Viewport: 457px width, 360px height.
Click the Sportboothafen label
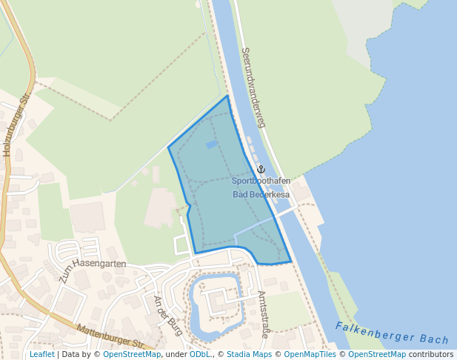click(x=261, y=181)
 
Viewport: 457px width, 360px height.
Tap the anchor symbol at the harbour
click(x=261, y=170)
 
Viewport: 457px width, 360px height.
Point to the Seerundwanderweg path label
click(x=253, y=88)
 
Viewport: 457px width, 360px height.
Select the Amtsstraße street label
click(x=264, y=314)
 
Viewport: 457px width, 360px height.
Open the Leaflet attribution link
click(x=42, y=355)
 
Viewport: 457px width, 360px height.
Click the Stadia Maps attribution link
click(x=249, y=355)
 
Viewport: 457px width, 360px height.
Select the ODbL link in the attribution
click(x=199, y=355)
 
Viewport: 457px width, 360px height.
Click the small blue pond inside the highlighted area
click(x=212, y=144)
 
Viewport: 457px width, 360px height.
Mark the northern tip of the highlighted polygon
click(x=227, y=96)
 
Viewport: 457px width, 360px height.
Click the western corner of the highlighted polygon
click(x=169, y=147)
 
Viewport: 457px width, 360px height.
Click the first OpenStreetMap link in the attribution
click(x=132, y=355)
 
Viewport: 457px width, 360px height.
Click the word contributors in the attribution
click(x=431, y=355)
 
